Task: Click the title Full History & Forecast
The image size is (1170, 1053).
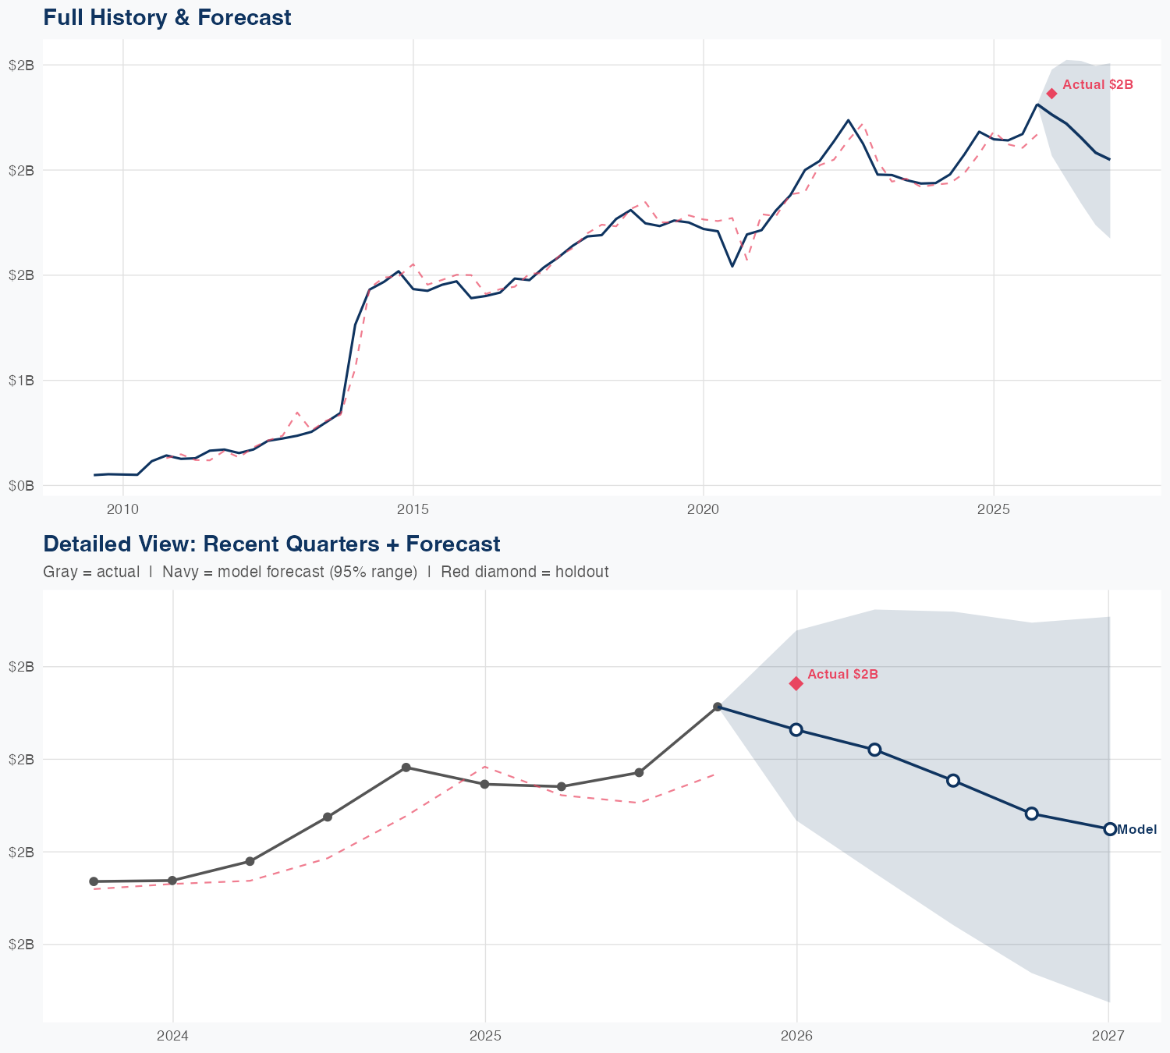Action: [x=167, y=17]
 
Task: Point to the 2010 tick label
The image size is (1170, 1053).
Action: [x=122, y=510]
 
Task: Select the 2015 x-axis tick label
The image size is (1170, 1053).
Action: [x=413, y=510]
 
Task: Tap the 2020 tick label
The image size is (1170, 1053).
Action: [x=703, y=510]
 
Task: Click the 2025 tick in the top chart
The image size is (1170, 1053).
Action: [x=994, y=510]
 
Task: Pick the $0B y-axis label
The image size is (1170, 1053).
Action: [x=21, y=485]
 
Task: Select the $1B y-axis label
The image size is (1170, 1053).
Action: [x=21, y=380]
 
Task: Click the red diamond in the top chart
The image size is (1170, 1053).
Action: [x=1051, y=94]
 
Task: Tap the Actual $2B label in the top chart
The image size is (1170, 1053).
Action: [x=1097, y=85]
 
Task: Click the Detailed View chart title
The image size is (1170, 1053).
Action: [x=271, y=544]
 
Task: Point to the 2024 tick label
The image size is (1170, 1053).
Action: [x=172, y=1036]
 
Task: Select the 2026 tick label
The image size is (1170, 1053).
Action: [x=796, y=1036]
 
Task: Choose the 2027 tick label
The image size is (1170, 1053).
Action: [x=1108, y=1036]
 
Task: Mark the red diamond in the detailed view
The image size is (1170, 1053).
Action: [x=796, y=683]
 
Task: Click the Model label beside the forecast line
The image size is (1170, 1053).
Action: [x=1136, y=830]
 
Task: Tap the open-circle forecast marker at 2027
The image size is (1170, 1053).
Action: [x=1109, y=829]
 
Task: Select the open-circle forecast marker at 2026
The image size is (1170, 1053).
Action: [x=796, y=729]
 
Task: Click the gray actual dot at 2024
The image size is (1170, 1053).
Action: [x=172, y=881]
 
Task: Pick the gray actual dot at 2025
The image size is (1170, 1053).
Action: [x=484, y=784]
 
